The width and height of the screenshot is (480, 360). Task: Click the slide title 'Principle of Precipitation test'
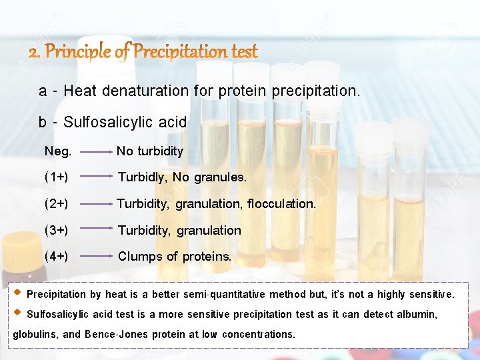[143, 52]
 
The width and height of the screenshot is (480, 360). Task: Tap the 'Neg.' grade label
[58, 151]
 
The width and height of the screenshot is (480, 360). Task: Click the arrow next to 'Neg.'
[95, 152]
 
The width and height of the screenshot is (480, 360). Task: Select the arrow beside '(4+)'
[95, 255]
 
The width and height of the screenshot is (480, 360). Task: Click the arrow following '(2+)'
[95, 203]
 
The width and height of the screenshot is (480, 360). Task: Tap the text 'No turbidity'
[150, 151]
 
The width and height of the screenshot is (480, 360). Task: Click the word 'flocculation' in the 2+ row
[281, 203]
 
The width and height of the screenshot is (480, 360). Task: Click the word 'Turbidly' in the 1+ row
[142, 177]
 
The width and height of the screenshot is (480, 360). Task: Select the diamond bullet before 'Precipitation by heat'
[17, 293]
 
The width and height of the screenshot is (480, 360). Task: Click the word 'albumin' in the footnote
[415, 314]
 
